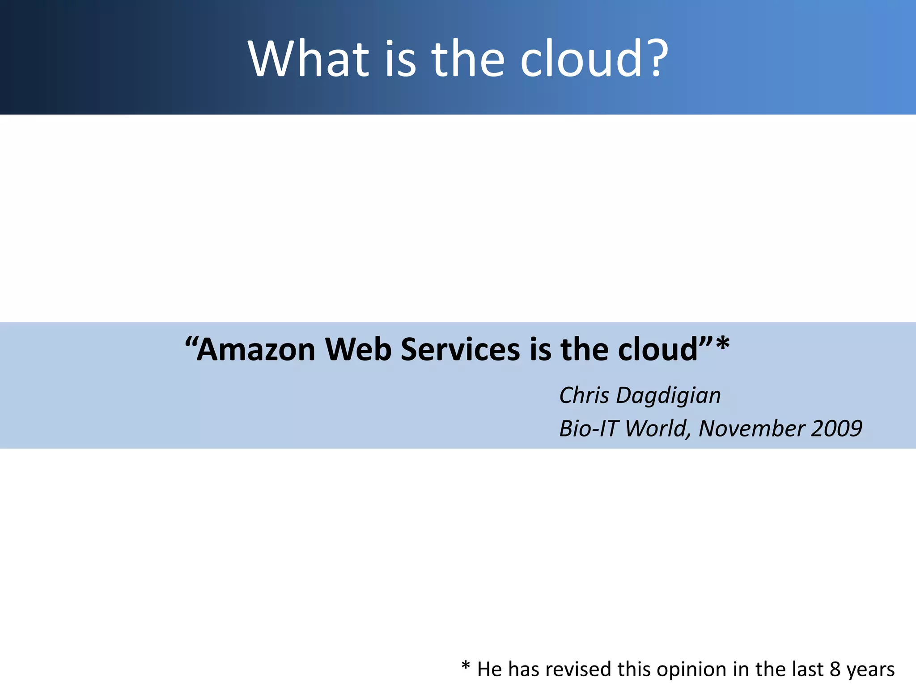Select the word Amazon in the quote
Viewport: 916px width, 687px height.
256,350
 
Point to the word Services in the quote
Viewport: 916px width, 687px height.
460,350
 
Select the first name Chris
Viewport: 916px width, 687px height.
584,395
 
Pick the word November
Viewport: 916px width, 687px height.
752,428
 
